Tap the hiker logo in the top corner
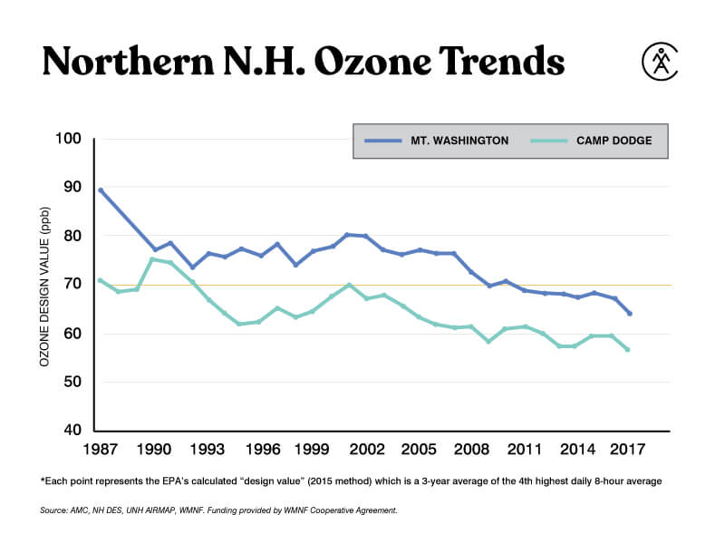(661, 60)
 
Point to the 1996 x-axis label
(262, 449)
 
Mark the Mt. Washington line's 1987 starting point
(100, 189)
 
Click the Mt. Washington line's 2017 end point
(629, 314)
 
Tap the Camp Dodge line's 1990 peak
(152, 259)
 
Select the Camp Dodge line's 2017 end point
(627, 350)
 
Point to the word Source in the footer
(53, 511)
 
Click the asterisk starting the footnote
(43, 481)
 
